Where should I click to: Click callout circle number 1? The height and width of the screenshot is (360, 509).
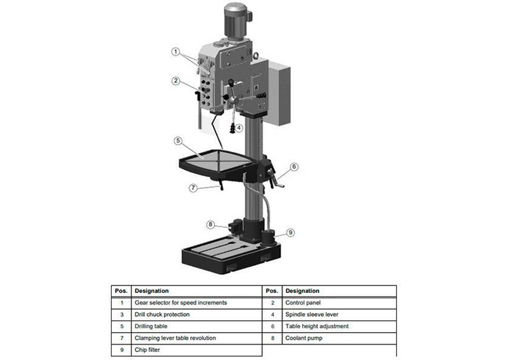coord(176,52)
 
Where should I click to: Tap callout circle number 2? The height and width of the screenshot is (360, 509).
coord(176,81)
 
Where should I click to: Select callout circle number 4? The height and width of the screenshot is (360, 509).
coord(239,128)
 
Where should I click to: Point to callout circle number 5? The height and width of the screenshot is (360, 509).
coord(178,140)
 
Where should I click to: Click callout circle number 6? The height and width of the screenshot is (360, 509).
coord(294,166)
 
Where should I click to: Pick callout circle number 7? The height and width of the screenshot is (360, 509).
coord(193,187)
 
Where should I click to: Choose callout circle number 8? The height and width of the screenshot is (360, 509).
coord(210,224)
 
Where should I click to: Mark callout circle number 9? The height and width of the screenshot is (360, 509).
coord(291,232)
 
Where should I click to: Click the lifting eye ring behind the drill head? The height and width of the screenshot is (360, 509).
coord(256,56)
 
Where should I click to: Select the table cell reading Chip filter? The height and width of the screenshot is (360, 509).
coord(197,350)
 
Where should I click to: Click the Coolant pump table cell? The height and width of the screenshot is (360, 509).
coord(339,338)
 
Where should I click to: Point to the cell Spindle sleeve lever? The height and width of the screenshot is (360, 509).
coord(339,315)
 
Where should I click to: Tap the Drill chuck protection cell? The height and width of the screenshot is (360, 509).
coord(197,315)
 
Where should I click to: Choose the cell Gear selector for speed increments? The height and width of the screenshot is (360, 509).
coord(197,303)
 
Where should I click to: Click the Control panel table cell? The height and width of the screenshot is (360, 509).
coord(339,303)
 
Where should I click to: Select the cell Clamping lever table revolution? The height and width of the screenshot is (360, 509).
coord(197,338)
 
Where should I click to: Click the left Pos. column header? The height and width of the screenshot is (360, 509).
coord(122,291)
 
